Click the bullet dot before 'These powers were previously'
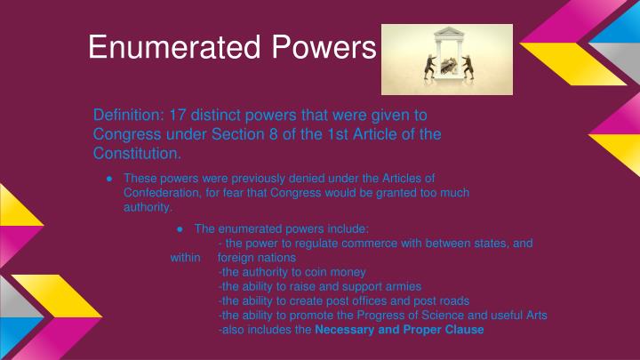point(108,177)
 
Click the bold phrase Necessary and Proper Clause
point(399,330)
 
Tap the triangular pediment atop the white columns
point(446,34)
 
